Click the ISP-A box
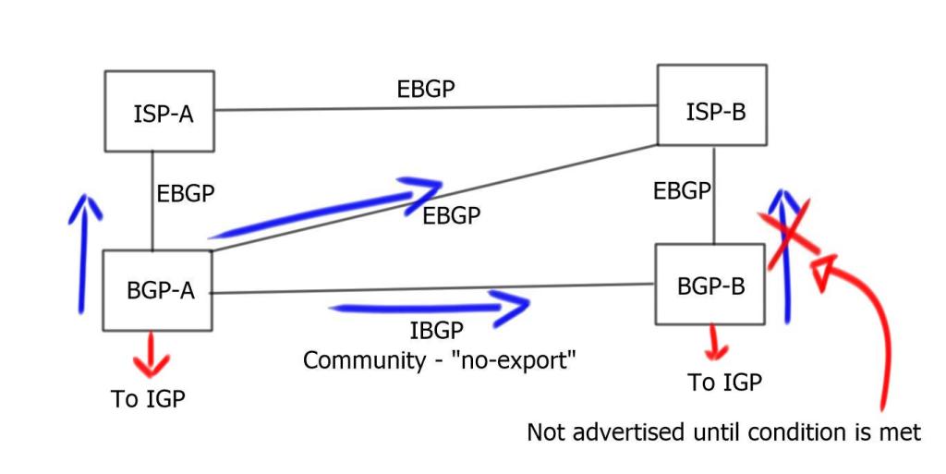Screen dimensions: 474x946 [x=159, y=111]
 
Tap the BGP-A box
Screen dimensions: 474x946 [x=158, y=289]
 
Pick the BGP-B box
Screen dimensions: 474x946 [x=709, y=285]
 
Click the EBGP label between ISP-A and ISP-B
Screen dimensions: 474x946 [x=425, y=89]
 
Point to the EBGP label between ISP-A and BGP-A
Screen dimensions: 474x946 [x=186, y=194]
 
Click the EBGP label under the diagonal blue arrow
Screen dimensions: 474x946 [x=452, y=215]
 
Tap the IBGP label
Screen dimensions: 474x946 [x=436, y=331]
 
